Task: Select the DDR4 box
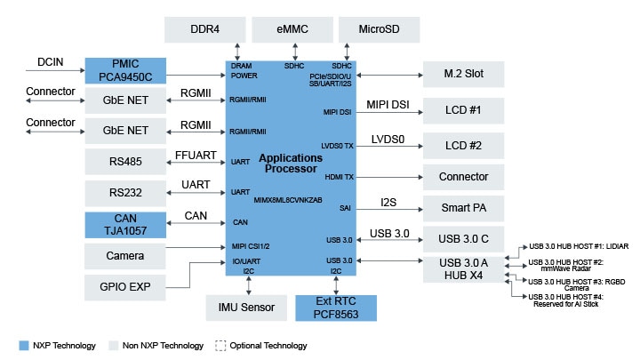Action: [x=206, y=29]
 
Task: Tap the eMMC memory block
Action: [x=292, y=29]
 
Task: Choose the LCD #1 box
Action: [x=463, y=112]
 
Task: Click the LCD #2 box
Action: [x=463, y=145]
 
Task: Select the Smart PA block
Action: [x=463, y=209]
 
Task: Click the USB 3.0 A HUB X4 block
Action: [x=463, y=269]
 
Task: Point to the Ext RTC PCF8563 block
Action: [x=335, y=308]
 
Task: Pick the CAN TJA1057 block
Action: [x=124, y=224]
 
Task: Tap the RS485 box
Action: [x=124, y=162]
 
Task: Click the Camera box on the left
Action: [x=124, y=256]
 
